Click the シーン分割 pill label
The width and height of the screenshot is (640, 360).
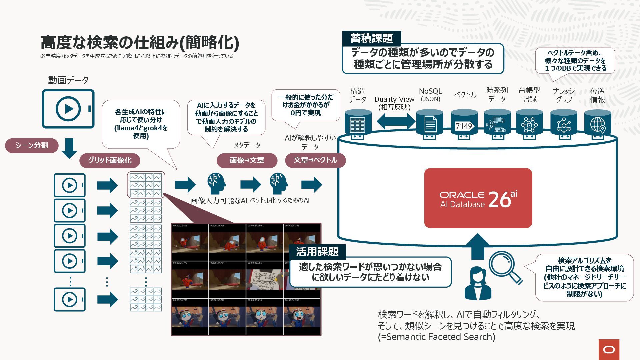point(32,145)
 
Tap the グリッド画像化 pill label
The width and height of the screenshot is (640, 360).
point(110,160)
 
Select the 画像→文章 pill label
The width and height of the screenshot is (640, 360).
point(247,160)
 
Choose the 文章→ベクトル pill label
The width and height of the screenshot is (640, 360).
point(315,160)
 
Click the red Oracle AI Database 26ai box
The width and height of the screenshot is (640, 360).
point(478,198)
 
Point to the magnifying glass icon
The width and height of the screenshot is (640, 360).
point(504,267)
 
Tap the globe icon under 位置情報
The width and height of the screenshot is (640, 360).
point(598,125)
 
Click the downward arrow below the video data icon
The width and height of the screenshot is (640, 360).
point(69,148)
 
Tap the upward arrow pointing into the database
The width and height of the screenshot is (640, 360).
point(477,246)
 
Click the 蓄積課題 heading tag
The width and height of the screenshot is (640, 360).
point(371,38)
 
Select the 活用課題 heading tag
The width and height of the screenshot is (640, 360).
point(317,251)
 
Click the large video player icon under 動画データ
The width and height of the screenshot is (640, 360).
point(68,109)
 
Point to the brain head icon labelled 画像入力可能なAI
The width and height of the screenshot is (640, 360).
point(216,184)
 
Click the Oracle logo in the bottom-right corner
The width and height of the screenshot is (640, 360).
point(609,349)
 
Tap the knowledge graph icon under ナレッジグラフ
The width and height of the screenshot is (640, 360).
point(564,125)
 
